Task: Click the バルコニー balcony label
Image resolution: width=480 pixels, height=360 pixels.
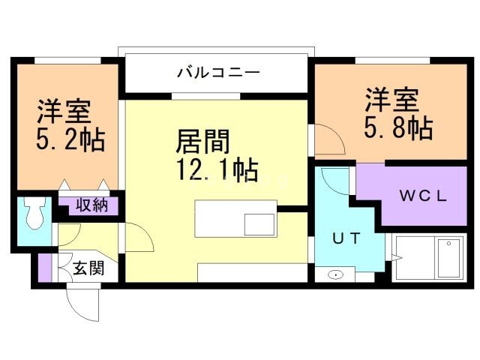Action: click(218, 73)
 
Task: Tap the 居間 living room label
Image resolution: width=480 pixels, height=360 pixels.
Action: click(202, 141)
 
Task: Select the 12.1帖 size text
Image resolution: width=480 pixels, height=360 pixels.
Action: click(217, 170)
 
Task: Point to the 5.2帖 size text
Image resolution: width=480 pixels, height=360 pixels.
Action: click(70, 139)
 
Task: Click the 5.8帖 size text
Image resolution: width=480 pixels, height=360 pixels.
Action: click(398, 128)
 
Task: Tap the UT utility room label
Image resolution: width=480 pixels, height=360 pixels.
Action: click(347, 238)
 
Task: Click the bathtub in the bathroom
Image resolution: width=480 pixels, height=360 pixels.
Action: click(429, 259)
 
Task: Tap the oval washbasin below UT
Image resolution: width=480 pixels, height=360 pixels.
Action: click(337, 274)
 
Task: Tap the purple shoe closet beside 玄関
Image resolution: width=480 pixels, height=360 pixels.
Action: click(45, 268)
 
